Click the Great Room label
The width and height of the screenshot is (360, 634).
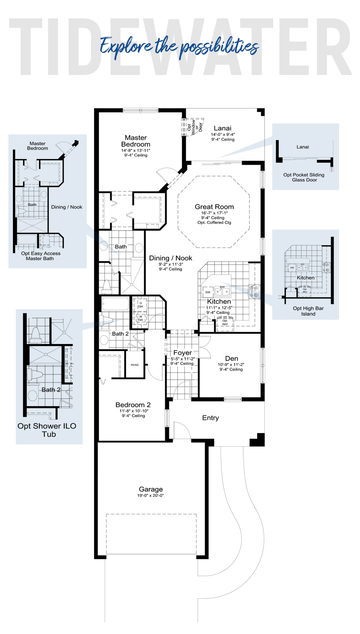pyautogui.click(x=214, y=207)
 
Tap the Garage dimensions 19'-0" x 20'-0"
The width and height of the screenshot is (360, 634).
pyautogui.click(x=151, y=496)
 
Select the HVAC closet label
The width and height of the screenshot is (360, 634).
pyautogui.click(x=135, y=365)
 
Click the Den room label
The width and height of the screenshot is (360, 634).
pyautogui.click(x=231, y=358)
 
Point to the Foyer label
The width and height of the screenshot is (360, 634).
pyautogui.click(x=183, y=353)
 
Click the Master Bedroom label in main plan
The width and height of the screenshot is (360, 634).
pyautogui.click(x=136, y=141)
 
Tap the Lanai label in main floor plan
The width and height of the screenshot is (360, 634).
pyautogui.click(x=223, y=128)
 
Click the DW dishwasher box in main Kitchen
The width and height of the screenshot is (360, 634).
pyautogui.click(x=208, y=292)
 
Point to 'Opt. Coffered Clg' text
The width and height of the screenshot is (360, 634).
pyautogui.click(x=214, y=223)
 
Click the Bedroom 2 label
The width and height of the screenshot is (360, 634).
pyautogui.click(x=133, y=405)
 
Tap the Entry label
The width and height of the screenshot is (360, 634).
pyautogui.click(x=210, y=418)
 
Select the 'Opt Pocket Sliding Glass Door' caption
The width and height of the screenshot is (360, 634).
pyautogui.click(x=304, y=178)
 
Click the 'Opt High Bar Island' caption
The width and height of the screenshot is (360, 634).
pyautogui.click(x=308, y=311)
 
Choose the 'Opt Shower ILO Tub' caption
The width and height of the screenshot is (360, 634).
pyautogui.click(x=47, y=430)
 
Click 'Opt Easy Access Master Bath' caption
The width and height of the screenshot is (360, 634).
pyautogui.click(x=40, y=256)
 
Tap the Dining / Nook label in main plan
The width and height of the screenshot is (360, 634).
pyautogui.click(x=170, y=258)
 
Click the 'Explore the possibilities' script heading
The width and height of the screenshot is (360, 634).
pyautogui.click(x=179, y=47)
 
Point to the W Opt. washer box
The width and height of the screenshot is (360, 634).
pyautogui.click(x=141, y=318)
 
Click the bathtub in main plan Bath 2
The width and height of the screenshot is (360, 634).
pyautogui.click(x=115, y=304)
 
